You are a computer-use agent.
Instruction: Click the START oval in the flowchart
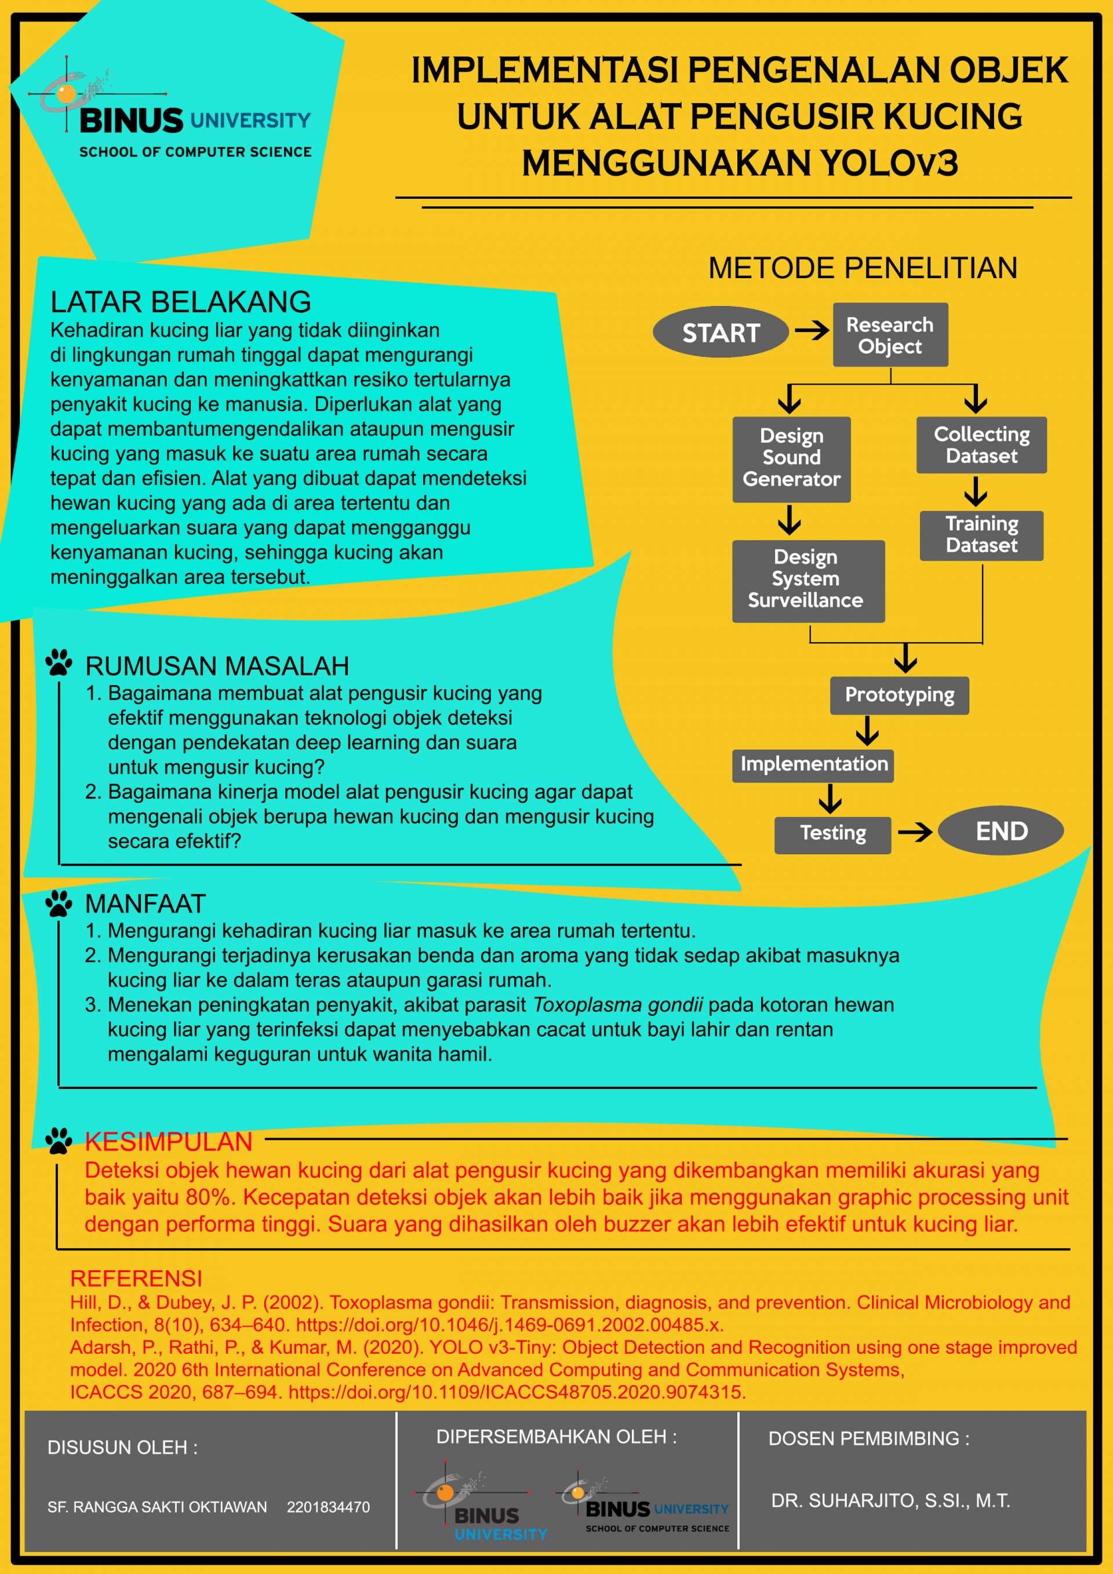tap(720, 333)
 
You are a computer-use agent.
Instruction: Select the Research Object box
tap(890, 334)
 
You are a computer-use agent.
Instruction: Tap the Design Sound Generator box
tap(791, 460)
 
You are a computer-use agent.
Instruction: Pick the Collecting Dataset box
tap(981, 445)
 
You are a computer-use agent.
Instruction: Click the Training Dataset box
tap(981, 535)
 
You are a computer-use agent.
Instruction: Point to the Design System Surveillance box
tap(809, 581)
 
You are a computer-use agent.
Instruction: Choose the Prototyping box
tap(900, 695)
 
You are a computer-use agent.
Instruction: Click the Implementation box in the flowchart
tap(813, 765)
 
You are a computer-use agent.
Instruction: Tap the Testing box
tap(833, 835)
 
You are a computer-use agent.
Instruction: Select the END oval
tap(1001, 831)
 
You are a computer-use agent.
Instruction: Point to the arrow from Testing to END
tap(915, 832)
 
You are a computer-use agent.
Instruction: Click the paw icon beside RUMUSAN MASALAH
tap(59, 663)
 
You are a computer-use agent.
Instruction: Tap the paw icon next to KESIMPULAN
tap(59, 1141)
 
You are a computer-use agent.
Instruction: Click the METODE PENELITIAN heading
tap(863, 268)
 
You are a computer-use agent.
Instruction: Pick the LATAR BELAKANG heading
tap(180, 301)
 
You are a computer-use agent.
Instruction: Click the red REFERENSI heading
tap(136, 1278)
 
